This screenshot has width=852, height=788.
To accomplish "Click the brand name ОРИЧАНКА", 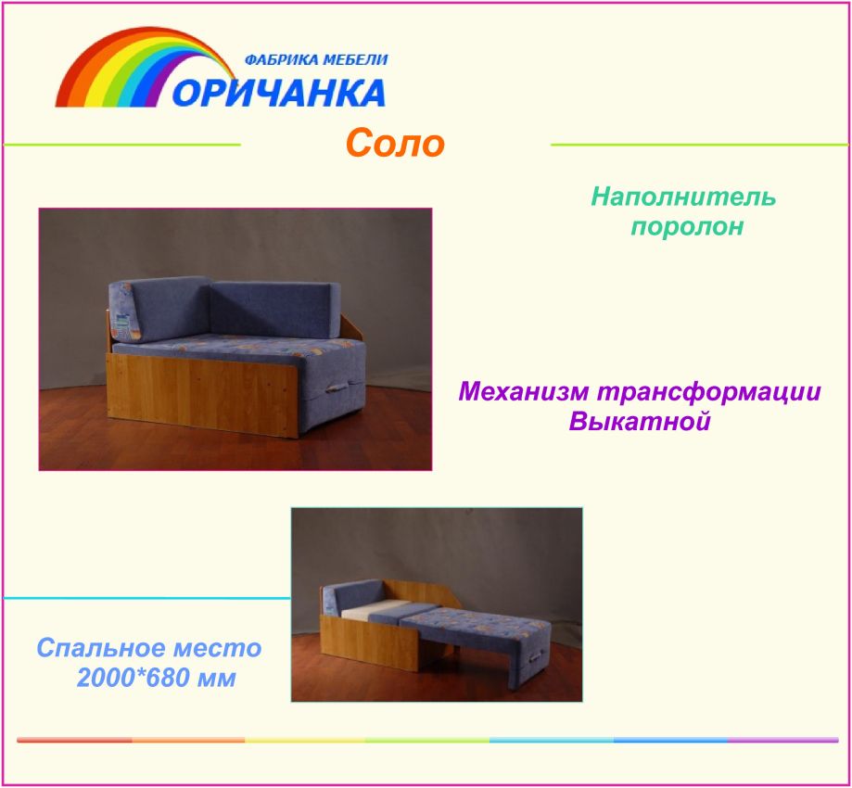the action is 279,93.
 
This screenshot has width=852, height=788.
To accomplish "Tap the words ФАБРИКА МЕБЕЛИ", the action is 316,59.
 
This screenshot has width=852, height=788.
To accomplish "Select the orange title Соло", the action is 395,143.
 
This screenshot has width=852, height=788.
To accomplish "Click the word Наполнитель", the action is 683,197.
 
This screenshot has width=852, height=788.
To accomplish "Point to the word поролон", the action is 687,226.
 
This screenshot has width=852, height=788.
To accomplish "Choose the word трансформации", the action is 708,392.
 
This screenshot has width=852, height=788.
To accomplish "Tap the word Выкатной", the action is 640,421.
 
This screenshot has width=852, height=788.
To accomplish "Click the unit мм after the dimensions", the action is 217,680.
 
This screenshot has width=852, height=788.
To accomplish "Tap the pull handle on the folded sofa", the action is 337,388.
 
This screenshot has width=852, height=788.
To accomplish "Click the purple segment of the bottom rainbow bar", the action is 783,740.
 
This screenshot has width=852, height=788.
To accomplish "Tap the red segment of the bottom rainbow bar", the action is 74,740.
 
